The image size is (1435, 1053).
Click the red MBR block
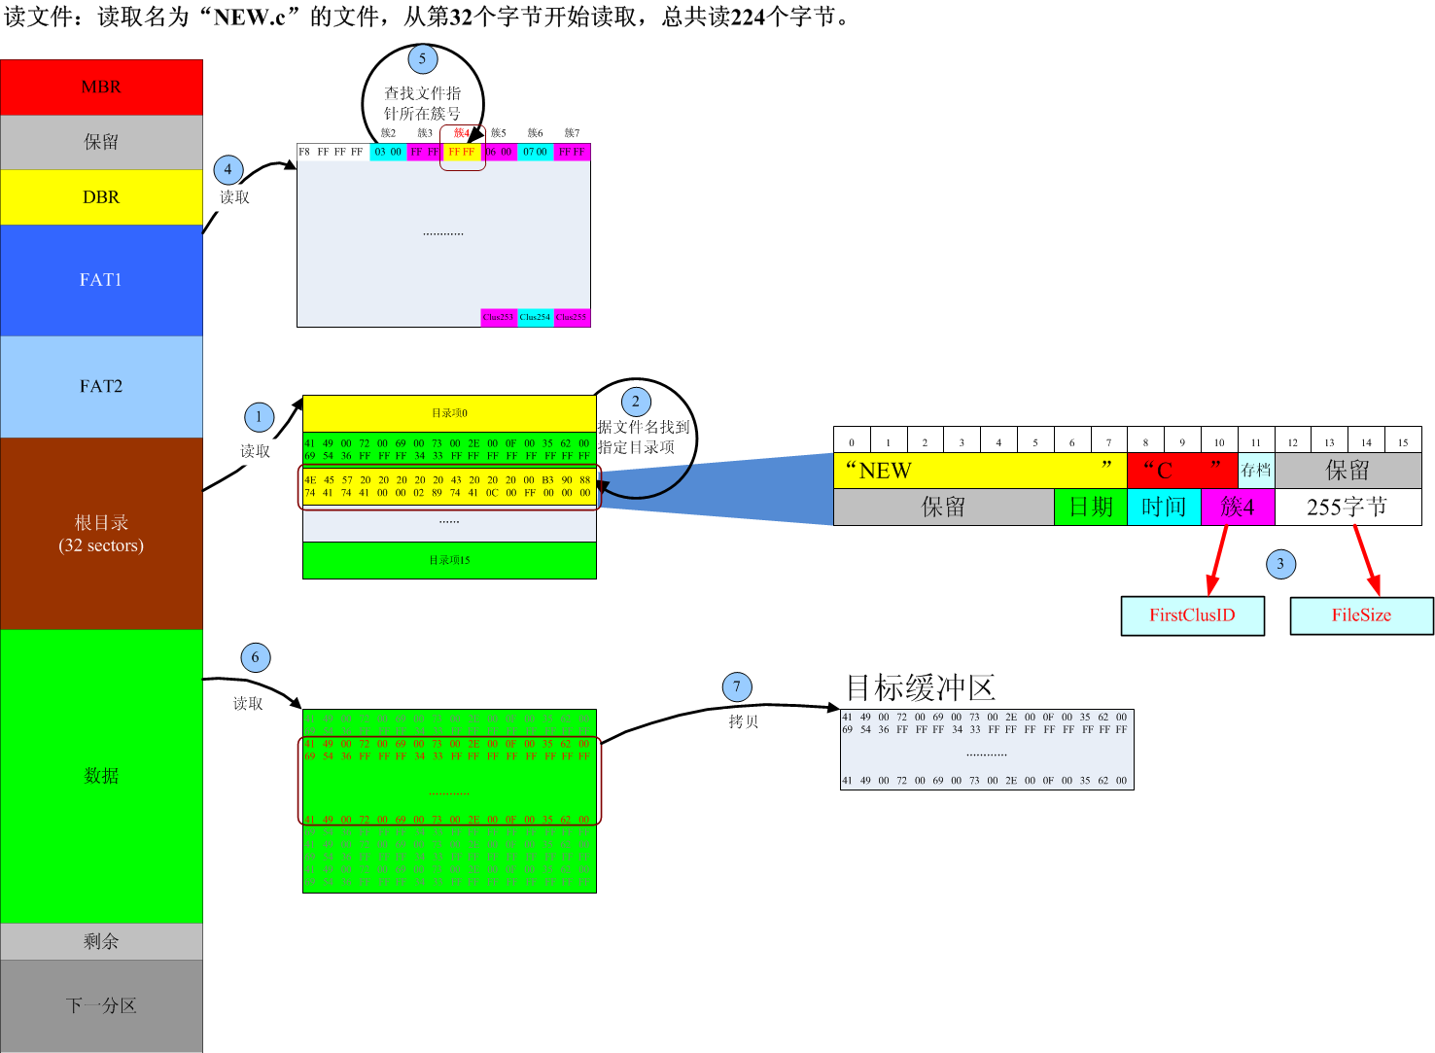tap(101, 88)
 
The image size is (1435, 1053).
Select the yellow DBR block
tap(101, 197)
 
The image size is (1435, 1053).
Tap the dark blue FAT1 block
tap(101, 280)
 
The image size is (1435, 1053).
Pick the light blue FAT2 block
tap(101, 386)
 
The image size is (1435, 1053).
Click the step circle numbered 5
tap(422, 59)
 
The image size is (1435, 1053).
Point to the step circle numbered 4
tap(228, 170)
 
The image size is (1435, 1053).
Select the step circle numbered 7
tap(737, 687)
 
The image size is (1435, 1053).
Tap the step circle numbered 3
tap(1280, 564)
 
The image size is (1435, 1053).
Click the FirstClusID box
tap(1192, 615)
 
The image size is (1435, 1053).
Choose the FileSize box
tap(1361, 615)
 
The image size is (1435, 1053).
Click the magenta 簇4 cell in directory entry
tap(1238, 507)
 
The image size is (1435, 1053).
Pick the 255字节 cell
tap(1347, 507)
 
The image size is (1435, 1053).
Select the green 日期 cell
tap(1091, 507)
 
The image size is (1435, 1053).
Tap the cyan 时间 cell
tap(1164, 507)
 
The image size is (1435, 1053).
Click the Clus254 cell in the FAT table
tap(535, 317)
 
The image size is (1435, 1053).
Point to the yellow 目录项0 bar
tap(449, 413)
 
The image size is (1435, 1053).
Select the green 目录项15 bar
tap(449, 560)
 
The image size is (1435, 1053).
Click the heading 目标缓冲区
tap(920, 687)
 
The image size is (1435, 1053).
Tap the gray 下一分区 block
tap(101, 1005)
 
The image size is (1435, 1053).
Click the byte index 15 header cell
tap(1403, 442)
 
